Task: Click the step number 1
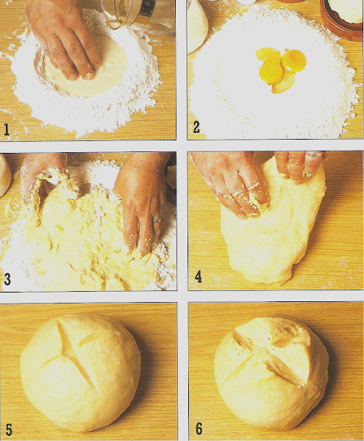click(6, 130)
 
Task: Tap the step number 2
click(196, 127)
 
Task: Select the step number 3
click(7, 279)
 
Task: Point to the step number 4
click(199, 277)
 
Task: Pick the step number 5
click(9, 429)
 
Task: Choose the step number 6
click(199, 429)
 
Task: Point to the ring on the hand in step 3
click(157, 220)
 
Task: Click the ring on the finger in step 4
click(313, 154)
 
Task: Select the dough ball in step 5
click(81, 373)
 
